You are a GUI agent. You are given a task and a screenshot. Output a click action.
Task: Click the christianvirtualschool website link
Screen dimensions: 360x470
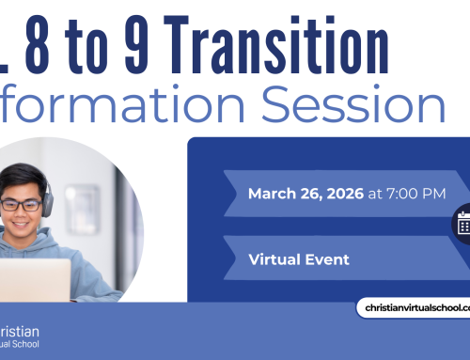414,308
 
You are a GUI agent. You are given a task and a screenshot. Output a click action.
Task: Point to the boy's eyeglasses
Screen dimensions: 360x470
28,205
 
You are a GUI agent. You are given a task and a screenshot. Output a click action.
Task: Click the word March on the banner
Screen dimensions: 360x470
269,194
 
